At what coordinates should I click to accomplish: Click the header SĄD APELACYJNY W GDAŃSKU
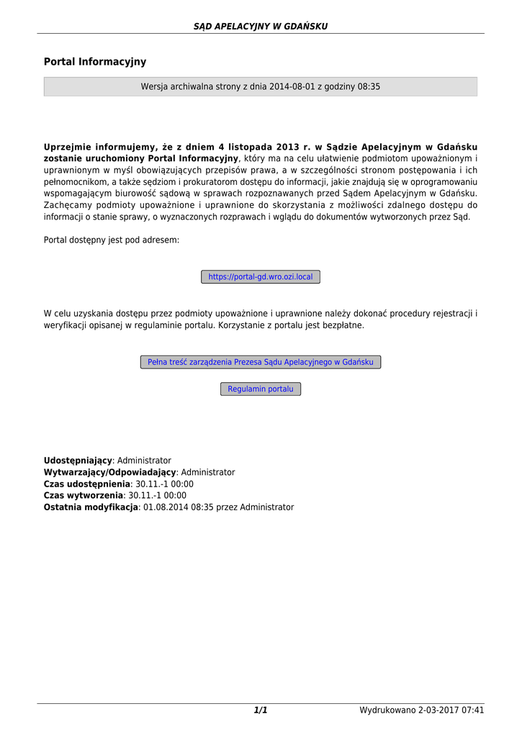click(261, 27)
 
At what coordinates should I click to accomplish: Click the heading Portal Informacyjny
click(95, 63)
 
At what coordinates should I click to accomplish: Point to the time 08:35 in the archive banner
click(369, 86)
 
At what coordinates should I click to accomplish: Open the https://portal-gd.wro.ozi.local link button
click(261, 277)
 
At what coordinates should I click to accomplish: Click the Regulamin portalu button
click(261, 389)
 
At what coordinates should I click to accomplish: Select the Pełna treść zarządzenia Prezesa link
click(261, 362)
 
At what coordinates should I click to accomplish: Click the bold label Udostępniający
click(78, 461)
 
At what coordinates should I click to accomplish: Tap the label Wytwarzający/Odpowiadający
click(109, 472)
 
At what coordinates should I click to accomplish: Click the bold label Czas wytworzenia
click(84, 496)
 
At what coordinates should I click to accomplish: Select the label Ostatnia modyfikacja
click(91, 507)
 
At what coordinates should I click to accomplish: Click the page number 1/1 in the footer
click(261, 711)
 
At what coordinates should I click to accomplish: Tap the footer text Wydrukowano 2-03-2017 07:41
click(422, 711)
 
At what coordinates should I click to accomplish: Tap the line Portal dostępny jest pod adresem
click(112, 240)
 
